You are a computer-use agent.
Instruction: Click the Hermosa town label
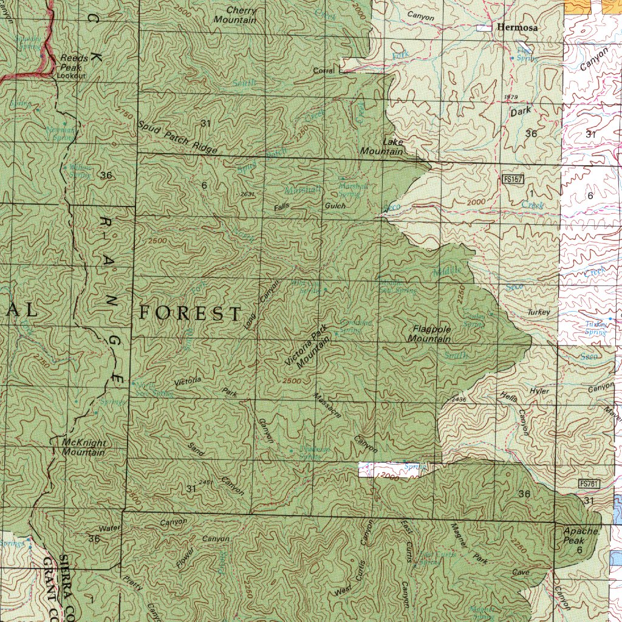(x=518, y=27)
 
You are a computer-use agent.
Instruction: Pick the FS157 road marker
(x=513, y=179)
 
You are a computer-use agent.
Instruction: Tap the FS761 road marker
(x=589, y=484)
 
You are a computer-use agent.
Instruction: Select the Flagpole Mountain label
(x=431, y=333)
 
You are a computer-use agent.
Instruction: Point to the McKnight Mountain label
(x=84, y=447)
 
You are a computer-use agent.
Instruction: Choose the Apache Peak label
(x=574, y=536)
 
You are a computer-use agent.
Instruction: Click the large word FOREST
(x=190, y=313)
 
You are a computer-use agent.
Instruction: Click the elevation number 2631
(x=247, y=194)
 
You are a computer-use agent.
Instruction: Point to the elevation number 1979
(x=510, y=98)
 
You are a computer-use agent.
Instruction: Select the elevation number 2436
(x=459, y=400)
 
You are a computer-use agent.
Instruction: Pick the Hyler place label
(x=539, y=391)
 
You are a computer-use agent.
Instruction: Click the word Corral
(x=324, y=71)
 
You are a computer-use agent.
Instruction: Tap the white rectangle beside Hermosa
(x=484, y=28)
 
